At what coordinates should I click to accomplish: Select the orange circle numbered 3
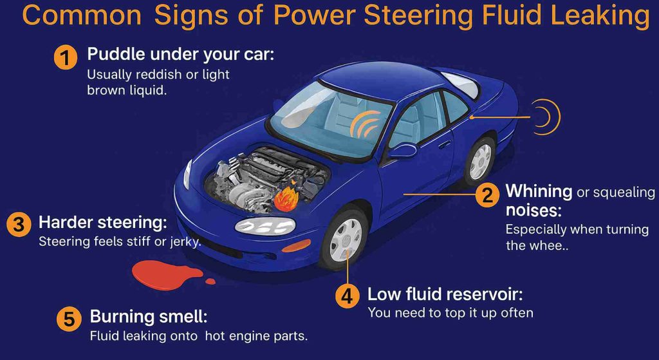[18, 224]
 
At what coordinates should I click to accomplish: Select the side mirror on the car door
[402, 151]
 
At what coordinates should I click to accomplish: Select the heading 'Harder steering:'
[103, 223]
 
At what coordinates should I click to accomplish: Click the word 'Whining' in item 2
[539, 191]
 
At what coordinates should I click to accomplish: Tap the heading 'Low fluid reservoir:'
[444, 295]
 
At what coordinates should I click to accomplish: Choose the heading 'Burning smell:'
[149, 317]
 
